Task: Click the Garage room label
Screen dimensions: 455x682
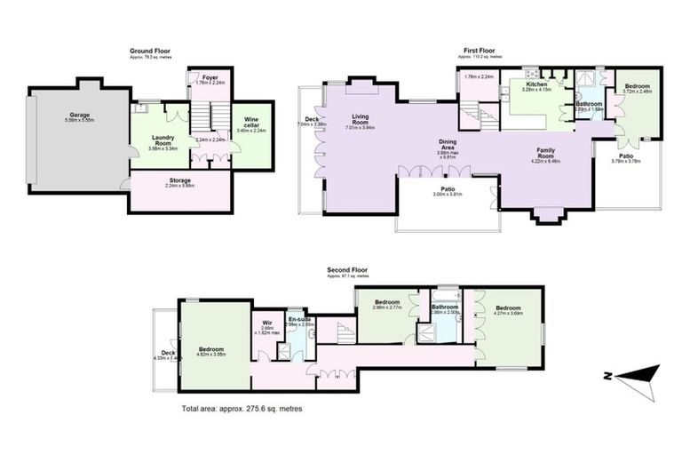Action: (80, 115)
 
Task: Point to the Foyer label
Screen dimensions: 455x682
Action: (210, 78)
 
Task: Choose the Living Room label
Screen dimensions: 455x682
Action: (360, 117)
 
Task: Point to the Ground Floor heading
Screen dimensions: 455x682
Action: (150, 52)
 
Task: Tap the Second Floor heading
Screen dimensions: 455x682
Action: (347, 269)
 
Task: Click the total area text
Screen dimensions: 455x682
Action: (242, 409)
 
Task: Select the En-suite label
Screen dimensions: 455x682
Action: (298, 319)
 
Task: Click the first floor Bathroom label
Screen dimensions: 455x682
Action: (589, 104)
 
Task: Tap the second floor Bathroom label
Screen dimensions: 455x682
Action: (444, 307)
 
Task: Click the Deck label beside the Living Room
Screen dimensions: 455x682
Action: (312, 120)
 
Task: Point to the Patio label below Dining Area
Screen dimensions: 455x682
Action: (448, 189)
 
